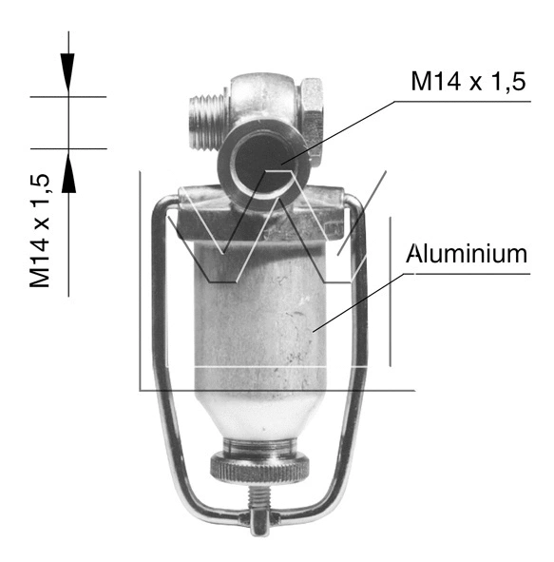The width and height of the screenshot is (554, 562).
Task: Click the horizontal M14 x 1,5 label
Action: pyautogui.click(x=468, y=82)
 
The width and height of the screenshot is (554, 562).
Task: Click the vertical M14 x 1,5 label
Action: pyautogui.click(x=40, y=230)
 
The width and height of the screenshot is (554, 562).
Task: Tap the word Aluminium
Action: pyautogui.click(x=466, y=254)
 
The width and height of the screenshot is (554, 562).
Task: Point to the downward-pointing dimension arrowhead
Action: pyautogui.click(x=68, y=71)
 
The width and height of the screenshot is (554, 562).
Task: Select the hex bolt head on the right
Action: pyautogui.click(x=314, y=107)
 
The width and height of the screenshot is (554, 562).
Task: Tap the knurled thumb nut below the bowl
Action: pyautogui.click(x=258, y=469)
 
